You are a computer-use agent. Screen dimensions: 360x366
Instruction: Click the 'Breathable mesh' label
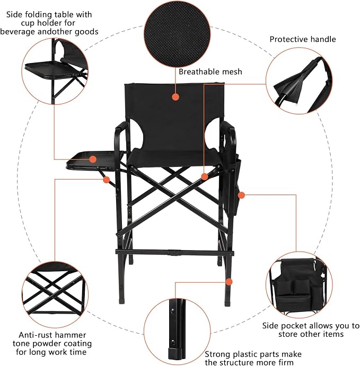click(x=210, y=72)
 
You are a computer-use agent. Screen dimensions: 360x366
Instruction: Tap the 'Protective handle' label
click(x=303, y=39)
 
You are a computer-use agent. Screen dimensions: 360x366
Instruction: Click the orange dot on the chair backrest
click(x=175, y=97)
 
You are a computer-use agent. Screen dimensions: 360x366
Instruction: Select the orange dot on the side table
click(x=93, y=159)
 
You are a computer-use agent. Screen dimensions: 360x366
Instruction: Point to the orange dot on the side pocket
click(x=241, y=195)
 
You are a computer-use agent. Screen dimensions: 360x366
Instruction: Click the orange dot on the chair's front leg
click(x=229, y=282)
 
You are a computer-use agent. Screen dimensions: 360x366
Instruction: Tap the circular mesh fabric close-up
click(x=177, y=34)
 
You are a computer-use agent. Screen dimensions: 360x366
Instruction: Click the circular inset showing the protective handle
click(x=299, y=81)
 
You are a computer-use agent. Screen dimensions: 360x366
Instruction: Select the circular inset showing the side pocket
click(x=299, y=285)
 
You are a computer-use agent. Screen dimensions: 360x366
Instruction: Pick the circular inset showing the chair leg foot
click(x=177, y=332)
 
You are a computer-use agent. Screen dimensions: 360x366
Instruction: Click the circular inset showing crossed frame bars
click(x=55, y=294)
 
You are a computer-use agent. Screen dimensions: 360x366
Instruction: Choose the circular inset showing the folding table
click(x=55, y=71)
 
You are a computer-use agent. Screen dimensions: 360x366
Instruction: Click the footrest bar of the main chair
click(x=175, y=252)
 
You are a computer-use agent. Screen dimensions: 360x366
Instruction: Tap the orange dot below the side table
click(x=106, y=180)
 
